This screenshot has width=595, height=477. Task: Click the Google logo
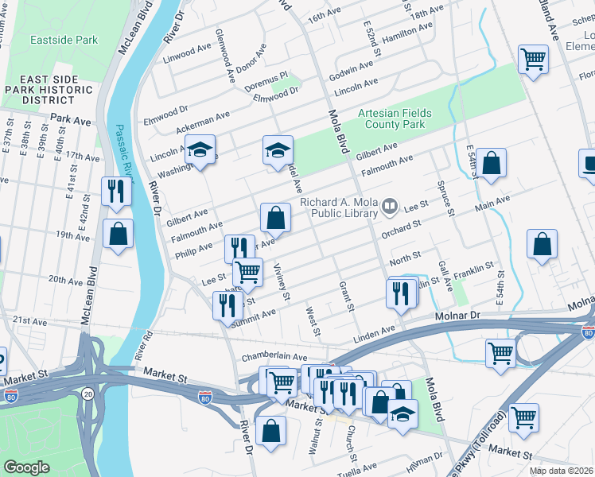27,467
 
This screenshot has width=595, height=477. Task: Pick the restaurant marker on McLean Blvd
117,192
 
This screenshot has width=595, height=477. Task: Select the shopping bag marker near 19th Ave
118,235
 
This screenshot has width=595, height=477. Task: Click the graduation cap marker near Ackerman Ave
200,149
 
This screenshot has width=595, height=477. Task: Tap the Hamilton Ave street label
406,33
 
